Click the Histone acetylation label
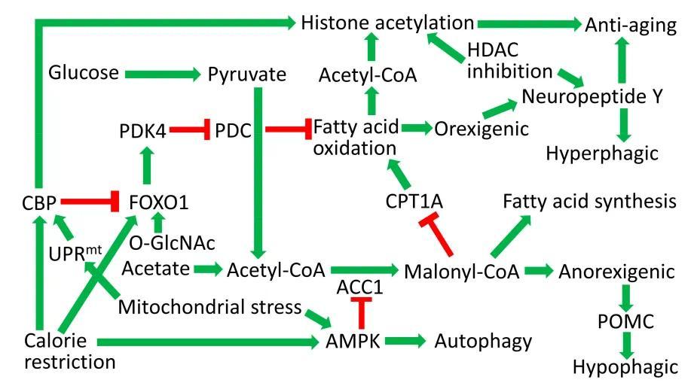click(387, 23)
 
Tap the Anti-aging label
click(631, 25)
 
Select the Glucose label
click(84, 73)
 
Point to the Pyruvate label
click(247, 74)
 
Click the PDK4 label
click(142, 130)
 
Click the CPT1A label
click(414, 201)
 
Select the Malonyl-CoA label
click(462, 271)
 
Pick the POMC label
click(627, 321)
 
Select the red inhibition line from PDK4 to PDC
click(189, 130)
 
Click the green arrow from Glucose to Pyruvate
click(161, 74)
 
